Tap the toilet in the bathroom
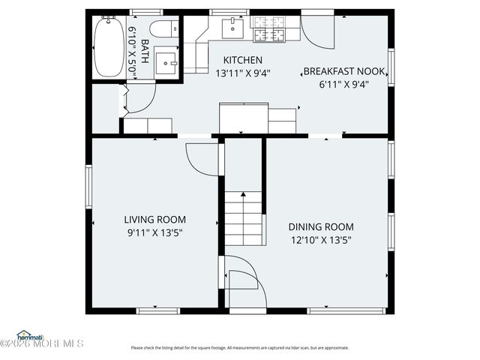pos(158,29)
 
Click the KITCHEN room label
pos(243,60)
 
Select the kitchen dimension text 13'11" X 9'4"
pos(243,73)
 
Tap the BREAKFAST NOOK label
pos(343,72)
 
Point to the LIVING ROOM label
pos(154,220)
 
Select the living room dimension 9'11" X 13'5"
pos(154,232)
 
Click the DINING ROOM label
pos(321,226)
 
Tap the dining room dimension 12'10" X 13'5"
pos(321,240)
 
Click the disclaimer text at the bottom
pos(240,347)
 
